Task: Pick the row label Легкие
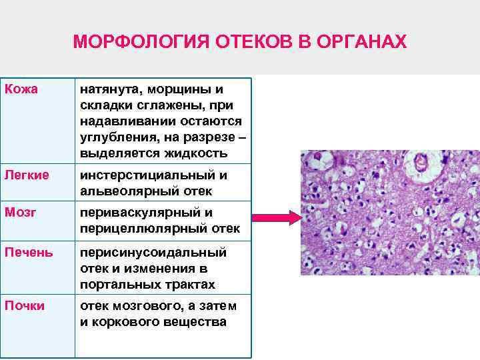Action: click(x=27, y=175)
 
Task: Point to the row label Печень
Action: click(x=29, y=253)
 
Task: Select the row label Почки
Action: click(x=25, y=306)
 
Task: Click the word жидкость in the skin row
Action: click(x=199, y=153)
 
